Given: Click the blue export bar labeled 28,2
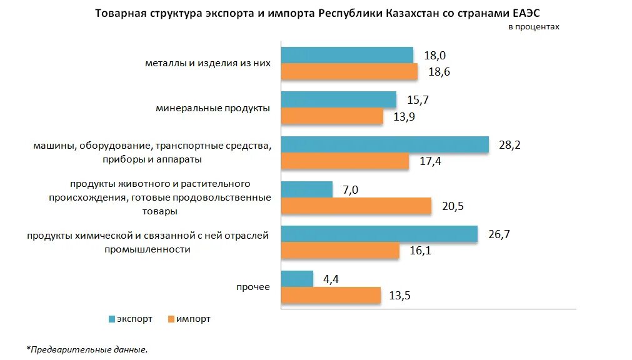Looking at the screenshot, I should point(384,144).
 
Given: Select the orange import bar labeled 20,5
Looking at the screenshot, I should point(356,206).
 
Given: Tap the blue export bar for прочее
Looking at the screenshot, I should point(297,279).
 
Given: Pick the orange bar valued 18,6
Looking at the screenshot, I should point(349,72).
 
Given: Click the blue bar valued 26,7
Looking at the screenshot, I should point(379,234).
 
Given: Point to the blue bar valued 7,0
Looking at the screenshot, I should point(307,189).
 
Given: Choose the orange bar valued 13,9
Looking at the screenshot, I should point(332,117).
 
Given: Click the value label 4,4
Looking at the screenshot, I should point(331,279).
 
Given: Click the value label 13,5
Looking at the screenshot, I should point(399,296).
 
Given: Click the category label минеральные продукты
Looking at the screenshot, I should point(213,108).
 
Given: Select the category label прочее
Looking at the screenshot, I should point(253,287).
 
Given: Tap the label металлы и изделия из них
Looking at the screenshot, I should point(208,63).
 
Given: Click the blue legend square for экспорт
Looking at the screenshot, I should point(112,319).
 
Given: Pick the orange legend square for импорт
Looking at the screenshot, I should point(170,319).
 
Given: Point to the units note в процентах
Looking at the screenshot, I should point(533,27).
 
